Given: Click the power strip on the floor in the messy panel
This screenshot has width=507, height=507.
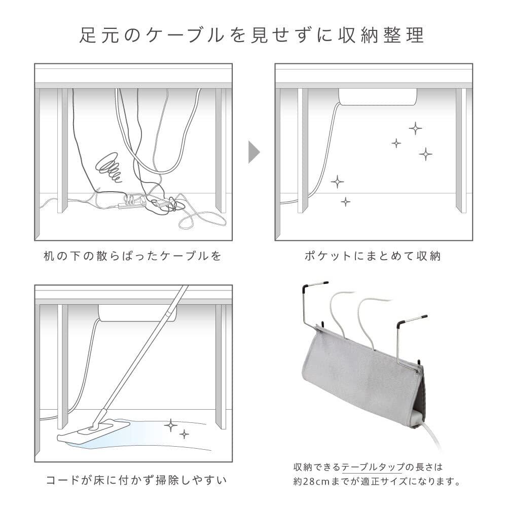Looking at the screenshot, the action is coord(131,203).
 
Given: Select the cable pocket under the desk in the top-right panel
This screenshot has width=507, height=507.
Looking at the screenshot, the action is coord(378,96).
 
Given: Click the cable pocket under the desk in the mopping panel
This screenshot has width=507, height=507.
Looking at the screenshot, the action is coord(137,313).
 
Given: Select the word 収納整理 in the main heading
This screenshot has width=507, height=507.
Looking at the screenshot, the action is coord(384,36).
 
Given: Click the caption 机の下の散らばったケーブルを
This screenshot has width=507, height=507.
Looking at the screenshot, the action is coord(133,256).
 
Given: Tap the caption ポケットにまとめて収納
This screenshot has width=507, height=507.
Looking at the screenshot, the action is coord(373,256).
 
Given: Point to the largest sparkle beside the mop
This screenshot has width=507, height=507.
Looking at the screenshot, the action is coord(171,425).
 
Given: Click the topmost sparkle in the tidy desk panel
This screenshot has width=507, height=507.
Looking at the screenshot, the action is coord(415,128).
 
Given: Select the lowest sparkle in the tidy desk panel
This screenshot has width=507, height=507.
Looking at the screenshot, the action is coord(345,202).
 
